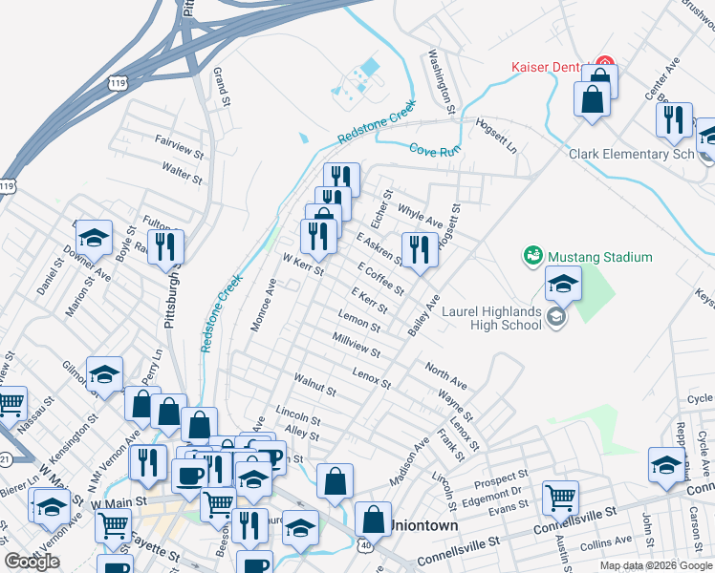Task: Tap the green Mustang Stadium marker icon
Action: coord(532,256)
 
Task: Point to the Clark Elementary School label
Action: coord(632,154)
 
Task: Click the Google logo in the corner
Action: coord(32,562)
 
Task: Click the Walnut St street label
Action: coord(314,385)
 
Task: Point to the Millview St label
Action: coord(357,346)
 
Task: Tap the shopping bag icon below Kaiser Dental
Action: coord(593,97)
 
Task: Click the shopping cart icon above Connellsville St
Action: coord(560,496)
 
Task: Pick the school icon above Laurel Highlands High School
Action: coord(563,284)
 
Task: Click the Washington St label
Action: coord(441,76)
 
